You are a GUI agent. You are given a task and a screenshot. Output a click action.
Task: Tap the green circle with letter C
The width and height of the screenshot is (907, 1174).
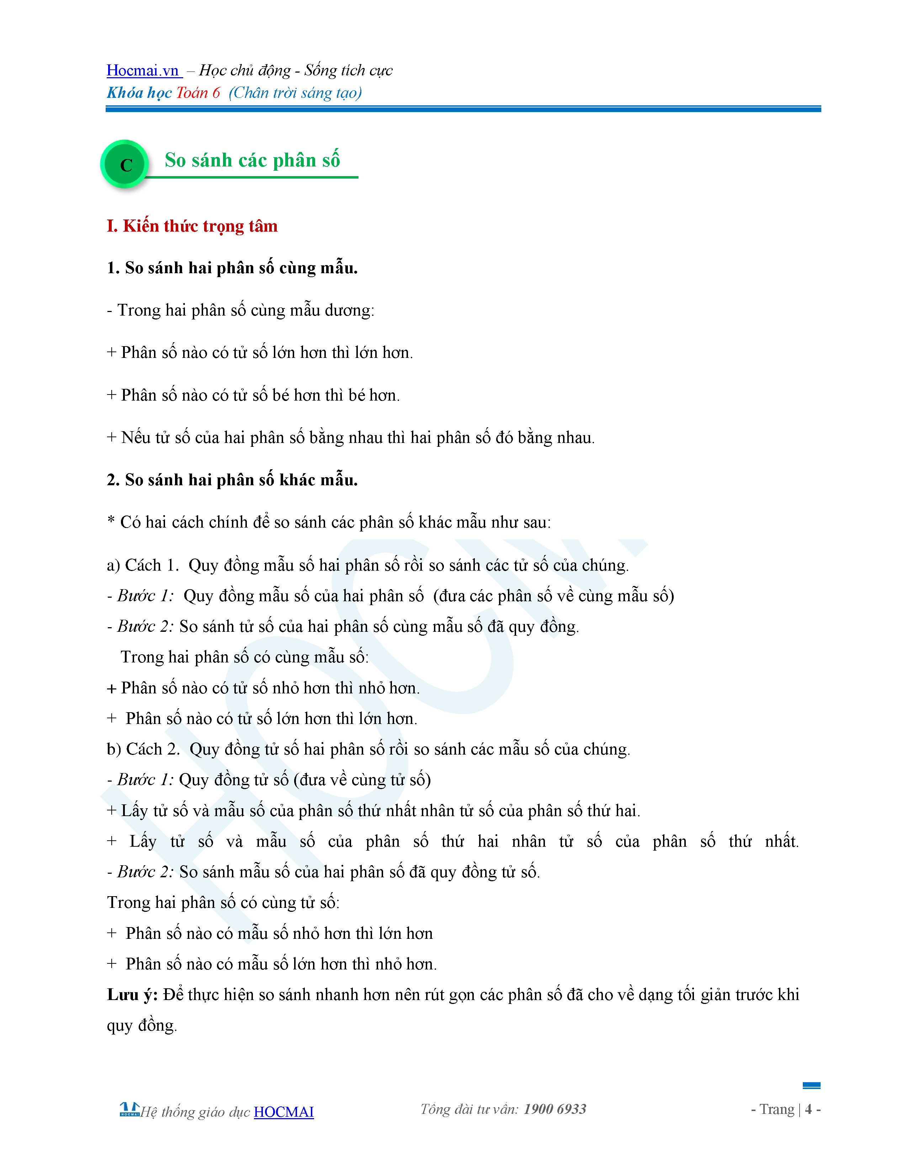pos(126,164)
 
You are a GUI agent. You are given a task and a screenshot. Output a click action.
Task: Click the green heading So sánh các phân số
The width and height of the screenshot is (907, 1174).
pos(252,160)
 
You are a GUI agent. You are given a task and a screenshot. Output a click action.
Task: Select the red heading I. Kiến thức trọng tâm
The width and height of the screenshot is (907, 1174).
pos(192,226)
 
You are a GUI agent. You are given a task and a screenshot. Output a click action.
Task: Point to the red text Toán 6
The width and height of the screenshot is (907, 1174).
pos(198,93)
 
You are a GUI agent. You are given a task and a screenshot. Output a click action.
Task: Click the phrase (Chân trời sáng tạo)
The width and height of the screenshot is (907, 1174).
pos(295,93)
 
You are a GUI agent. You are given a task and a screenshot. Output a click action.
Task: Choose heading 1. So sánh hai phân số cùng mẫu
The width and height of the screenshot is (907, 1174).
pos(232,268)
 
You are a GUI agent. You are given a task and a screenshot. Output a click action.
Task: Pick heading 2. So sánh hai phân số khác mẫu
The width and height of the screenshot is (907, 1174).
pos(232,480)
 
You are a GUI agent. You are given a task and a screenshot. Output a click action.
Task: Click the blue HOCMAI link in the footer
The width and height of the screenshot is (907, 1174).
pos(284,1112)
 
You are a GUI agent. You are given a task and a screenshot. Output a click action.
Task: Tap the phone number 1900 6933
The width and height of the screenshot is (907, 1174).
pos(555,1109)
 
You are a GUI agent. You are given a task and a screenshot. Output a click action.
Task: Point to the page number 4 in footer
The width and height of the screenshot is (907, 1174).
pos(808,1109)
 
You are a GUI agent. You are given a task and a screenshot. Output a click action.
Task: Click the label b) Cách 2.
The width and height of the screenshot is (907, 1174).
pos(143,749)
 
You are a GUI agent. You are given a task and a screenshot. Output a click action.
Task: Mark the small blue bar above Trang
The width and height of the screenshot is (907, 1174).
pos(811,1085)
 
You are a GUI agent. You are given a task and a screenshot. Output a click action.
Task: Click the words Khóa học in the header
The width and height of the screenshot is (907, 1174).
pos(139,93)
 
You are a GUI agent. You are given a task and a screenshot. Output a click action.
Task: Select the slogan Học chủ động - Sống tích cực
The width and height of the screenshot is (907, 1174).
pos(296,70)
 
